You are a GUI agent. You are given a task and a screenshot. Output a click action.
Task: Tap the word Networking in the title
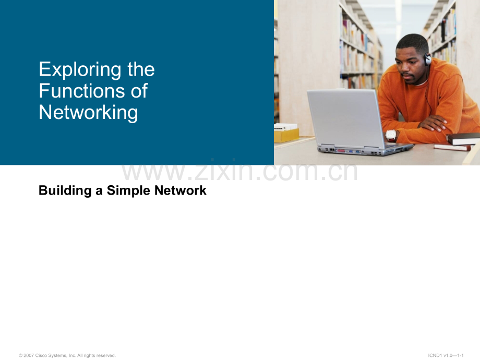(88, 112)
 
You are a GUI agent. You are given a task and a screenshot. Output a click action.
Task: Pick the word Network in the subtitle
(181, 191)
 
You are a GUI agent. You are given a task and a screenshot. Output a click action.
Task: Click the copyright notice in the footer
(67, 355)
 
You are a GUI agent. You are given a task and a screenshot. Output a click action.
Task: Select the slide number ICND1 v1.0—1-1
(446, 355)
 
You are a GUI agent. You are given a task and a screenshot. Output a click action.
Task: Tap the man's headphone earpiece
(428, 59)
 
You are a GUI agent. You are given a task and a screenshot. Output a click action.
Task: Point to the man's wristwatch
(390, 135)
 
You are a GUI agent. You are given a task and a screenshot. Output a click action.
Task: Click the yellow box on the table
(286, 134)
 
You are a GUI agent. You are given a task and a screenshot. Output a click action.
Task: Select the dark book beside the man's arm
(463, 138)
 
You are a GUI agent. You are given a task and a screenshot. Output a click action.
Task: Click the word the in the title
(141, 70)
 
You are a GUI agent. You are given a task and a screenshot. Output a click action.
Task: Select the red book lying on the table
(452, 148)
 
